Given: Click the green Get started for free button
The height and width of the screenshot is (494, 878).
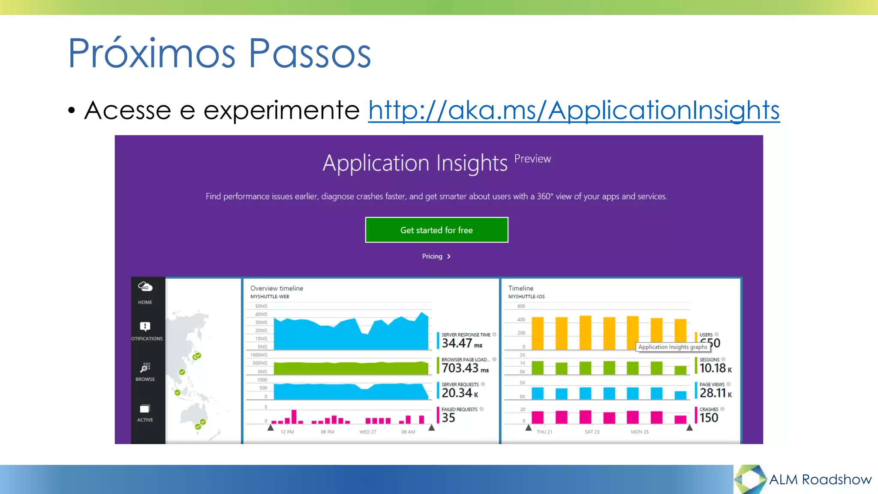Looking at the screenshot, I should pos(436,230).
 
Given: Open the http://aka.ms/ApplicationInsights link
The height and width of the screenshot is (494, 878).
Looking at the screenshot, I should pos(574,110).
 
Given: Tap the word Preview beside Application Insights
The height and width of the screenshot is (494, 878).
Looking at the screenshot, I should pos(532,159).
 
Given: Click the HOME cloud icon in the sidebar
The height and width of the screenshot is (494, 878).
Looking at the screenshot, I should pos(145,286).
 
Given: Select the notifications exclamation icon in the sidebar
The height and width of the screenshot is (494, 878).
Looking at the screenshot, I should pos(145,327).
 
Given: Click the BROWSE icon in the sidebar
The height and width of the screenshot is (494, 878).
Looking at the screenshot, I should pos(145,368).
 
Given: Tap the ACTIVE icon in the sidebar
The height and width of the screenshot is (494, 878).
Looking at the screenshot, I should pos(145,409).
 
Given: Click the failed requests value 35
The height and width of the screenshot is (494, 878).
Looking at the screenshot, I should pos(448,418).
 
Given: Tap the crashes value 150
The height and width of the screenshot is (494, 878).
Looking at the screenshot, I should pos(709,418).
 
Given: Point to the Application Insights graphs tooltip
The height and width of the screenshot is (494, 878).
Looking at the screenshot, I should pos(672,347).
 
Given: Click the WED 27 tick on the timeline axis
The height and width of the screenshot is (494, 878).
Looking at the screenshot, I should pos(368,432).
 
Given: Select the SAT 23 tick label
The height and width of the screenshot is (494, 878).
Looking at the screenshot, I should pos(592,432).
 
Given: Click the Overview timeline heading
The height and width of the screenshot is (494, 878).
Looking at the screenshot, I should pos(277,288).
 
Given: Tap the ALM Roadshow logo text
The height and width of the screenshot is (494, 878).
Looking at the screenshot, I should pos(820,479).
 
